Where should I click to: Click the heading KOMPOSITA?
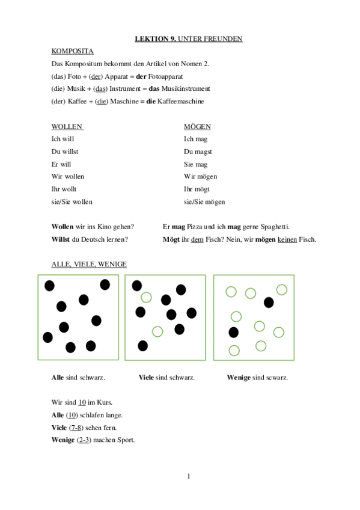click(72, 51)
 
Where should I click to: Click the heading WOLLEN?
click(67, 127)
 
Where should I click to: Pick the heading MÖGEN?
click(197, 127)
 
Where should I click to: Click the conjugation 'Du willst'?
click(65, 152)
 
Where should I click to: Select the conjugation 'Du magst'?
click(198, 152)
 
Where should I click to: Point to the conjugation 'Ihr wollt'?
click(64, 189)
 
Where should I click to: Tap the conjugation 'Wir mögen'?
click(200, 176)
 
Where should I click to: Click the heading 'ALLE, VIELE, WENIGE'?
click(89, 264)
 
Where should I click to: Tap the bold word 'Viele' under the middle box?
click(146, 378)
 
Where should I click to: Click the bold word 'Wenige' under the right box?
click(238, 378)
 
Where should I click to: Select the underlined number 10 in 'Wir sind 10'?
click(82, 402)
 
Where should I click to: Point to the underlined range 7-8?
click(75, 428)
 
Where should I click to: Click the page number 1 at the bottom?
click(188, 477)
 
